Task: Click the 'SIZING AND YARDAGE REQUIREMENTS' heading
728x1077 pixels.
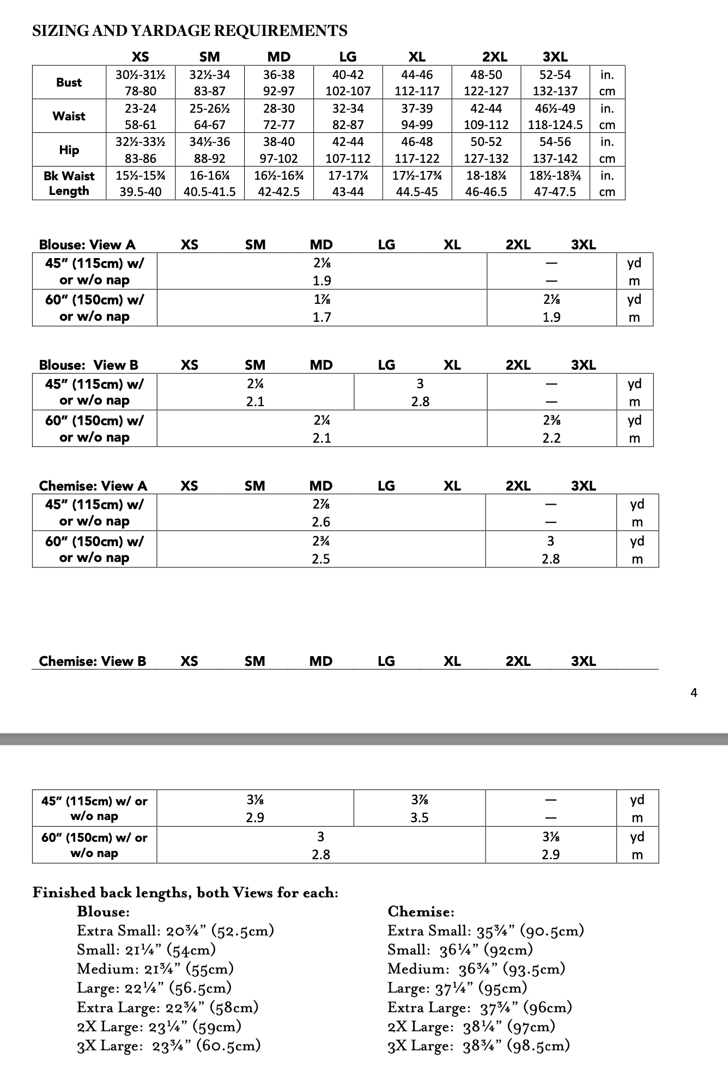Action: click(190, 30)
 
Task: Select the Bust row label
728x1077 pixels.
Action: click(69, 82)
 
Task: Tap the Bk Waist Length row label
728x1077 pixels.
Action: click(69, 183)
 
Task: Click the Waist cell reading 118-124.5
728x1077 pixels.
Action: click(555, 125)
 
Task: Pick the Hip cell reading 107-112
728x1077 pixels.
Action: click(348, 158)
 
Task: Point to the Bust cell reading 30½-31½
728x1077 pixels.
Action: click(141, 75)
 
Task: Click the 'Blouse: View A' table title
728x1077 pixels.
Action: click(87, 244)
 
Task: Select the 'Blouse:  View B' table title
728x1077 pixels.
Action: click(88, 365)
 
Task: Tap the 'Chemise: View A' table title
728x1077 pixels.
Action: click(93, 486)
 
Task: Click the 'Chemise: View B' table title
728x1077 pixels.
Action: click(93, 661)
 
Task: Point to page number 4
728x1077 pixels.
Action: click(694, 693)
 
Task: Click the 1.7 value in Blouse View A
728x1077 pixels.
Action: click(321, 317)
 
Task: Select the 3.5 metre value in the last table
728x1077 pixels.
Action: click(419, 817)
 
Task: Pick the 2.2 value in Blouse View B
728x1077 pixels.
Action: click(551, 438)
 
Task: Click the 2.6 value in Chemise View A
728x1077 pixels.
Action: click(321, 522)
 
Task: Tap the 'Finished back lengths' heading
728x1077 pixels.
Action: click(185, 892)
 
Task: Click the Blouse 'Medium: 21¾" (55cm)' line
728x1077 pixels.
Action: click(155, 969)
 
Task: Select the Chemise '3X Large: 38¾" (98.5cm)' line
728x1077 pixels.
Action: click(478, 1045)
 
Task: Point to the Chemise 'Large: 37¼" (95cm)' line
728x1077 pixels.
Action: click(457, 988)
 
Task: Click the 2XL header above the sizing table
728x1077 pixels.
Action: click(495, 56)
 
